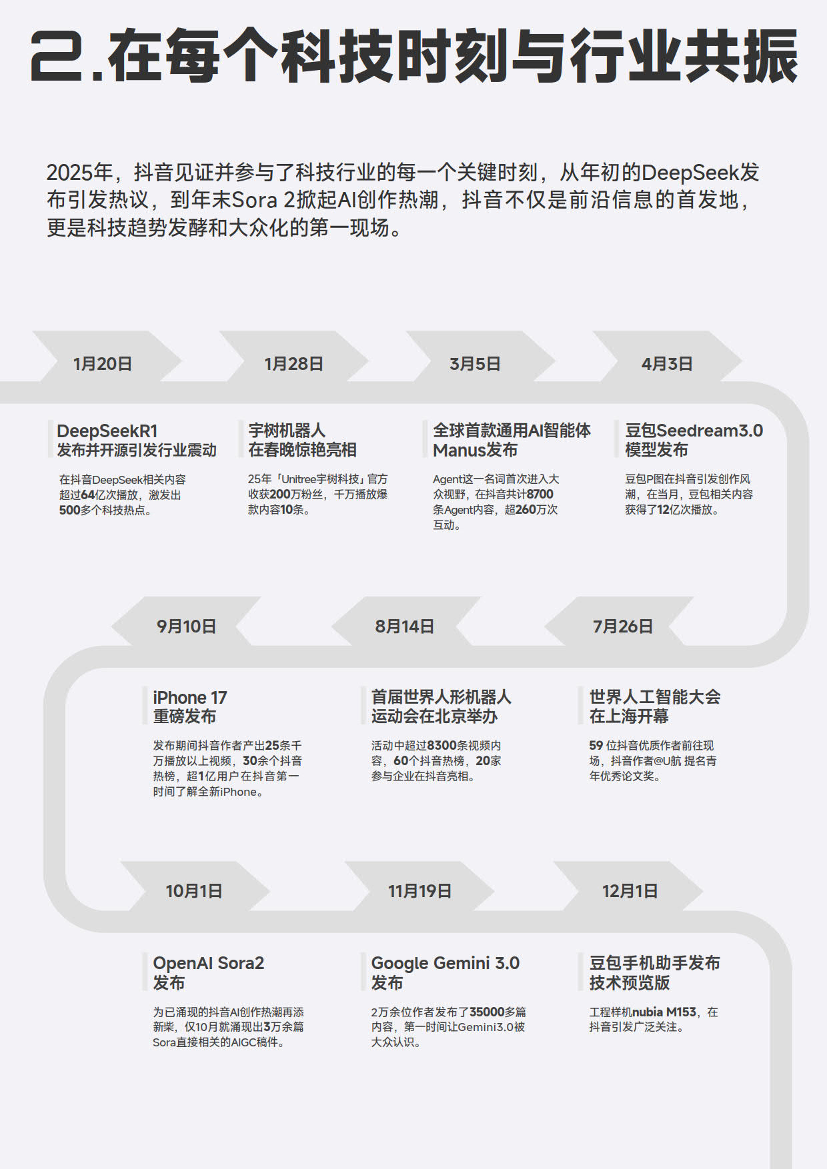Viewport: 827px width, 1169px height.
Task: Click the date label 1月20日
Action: point(102,364)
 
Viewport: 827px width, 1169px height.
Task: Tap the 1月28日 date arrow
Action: point(293,364)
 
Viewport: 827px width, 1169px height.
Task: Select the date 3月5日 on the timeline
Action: point(475,364)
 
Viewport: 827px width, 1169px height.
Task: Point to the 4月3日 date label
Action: point(667,364)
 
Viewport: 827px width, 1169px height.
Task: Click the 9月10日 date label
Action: point(186,626)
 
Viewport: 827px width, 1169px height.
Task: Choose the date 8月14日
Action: point(404,626)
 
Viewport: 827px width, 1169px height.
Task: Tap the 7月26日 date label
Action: point(623,626)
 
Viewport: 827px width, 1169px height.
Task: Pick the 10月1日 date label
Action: point(194,891)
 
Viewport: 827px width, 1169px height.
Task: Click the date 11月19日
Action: point(420,891)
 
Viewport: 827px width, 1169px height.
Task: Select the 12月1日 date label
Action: point(630,891)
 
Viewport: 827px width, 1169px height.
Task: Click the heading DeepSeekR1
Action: point(107,431)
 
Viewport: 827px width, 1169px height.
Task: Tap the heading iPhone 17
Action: point(190,698)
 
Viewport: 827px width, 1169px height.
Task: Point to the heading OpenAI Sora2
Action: point(209,963)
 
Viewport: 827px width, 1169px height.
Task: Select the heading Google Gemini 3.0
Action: point(446,963)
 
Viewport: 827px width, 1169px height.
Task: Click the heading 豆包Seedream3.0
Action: point(694,431)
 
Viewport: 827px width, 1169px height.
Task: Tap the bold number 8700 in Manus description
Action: point(540,494)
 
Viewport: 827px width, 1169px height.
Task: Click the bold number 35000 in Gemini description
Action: point(487,1012)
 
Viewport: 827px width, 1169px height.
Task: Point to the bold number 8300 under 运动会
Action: point(442,745)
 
